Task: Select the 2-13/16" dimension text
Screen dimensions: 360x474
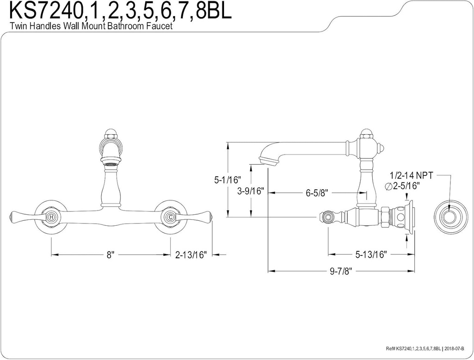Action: click(x=191, y=254)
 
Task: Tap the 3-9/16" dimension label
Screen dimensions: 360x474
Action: click(x=250, y=191)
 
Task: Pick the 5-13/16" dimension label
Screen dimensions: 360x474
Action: click(x=371, y=254)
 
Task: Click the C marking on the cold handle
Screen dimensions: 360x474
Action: click(x=170, y=217)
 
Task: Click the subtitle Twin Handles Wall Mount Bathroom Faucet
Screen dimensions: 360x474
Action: click(x=91, y=26)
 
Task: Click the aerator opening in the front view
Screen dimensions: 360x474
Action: click(x=111, y=162)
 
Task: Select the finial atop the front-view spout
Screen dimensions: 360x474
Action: click(x=111, y=131)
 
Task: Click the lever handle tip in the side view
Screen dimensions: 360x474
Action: click(x=327, y=217)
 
